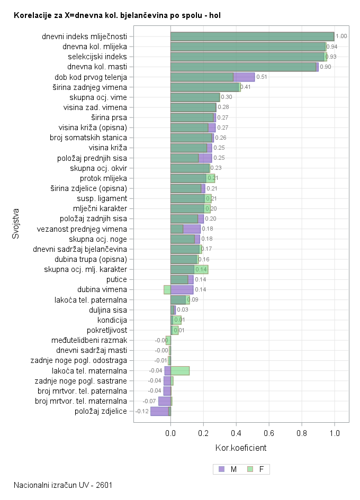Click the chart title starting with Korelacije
(117, 16)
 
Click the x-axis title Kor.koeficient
(241, 448)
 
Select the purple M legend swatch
(221, 469)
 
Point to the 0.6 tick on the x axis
(269, 433)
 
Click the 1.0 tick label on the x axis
(334, 433)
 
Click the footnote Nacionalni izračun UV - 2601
(63, 485)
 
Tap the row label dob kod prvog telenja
(91, 77)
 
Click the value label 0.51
(262, 77)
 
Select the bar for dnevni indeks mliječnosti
(252, 37)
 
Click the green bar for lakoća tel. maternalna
(180, 370)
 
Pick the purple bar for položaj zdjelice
(159, 411)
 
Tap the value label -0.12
(142, 411)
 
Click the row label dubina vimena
(102, 289)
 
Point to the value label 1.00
(341, 37)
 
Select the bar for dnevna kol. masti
(244, 67)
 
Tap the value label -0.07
(149, 401)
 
